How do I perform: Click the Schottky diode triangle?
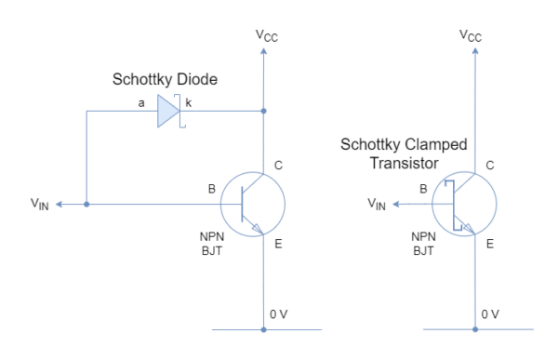click(x=166, y=111)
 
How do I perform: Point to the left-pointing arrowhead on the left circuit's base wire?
click(x=59, y=204)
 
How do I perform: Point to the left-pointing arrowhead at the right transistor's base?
click(x=396, y=204)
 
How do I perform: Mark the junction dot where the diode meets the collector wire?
click(x=263, y=111)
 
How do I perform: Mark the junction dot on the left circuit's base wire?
click(x=86, y=204)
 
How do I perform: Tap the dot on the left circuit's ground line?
click(x=263, y=329)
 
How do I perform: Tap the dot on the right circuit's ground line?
click(x=475, y=329)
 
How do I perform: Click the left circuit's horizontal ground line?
click(x=232, y=329)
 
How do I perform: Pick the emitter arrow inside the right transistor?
click(x=468, y=226)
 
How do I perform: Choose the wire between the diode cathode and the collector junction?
click(x=223, y=111)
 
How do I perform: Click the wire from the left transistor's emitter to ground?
click(x=263, y=279)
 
